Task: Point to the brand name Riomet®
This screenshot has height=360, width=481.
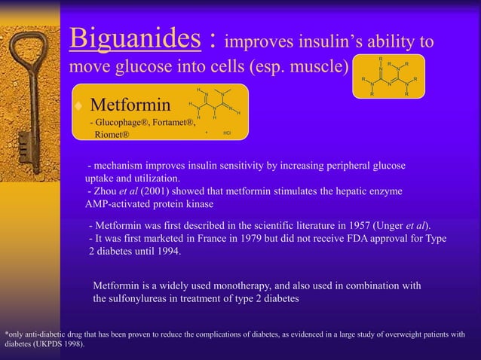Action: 112,134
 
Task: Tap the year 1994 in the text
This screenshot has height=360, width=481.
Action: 167,251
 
